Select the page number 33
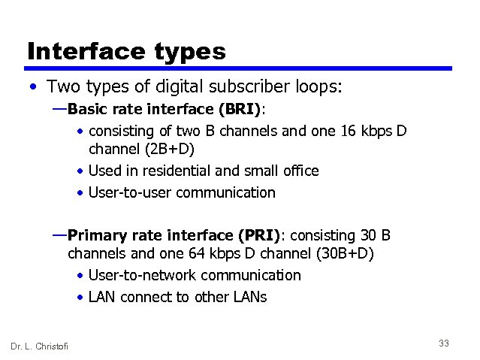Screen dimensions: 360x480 (443, 343)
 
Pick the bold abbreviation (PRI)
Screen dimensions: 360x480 (258, 235)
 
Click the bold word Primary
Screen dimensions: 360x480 (95, 235)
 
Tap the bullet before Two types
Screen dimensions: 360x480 (31, 88)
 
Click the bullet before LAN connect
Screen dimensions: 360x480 (80, 297)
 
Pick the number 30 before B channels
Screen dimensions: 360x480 (367, 235)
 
